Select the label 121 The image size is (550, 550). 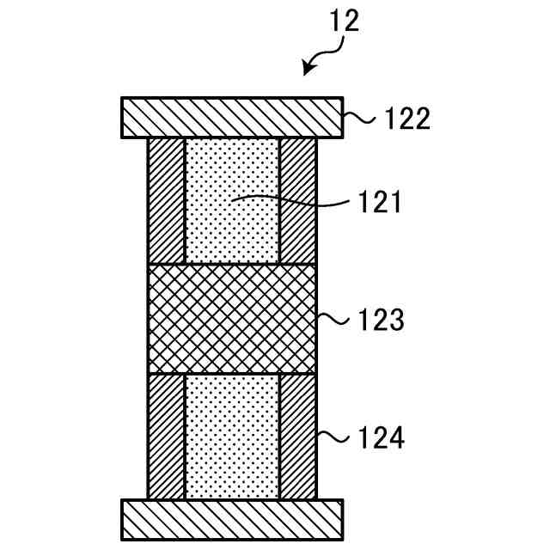379,204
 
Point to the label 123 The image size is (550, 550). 380,321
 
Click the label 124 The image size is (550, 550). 380,438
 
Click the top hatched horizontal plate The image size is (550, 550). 232,118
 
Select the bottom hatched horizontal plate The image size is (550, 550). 232,520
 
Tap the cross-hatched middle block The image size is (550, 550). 232,318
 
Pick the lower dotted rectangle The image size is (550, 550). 232,437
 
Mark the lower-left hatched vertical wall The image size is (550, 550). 167,437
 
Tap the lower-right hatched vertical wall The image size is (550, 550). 298,437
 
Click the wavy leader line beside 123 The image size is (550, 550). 332,320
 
